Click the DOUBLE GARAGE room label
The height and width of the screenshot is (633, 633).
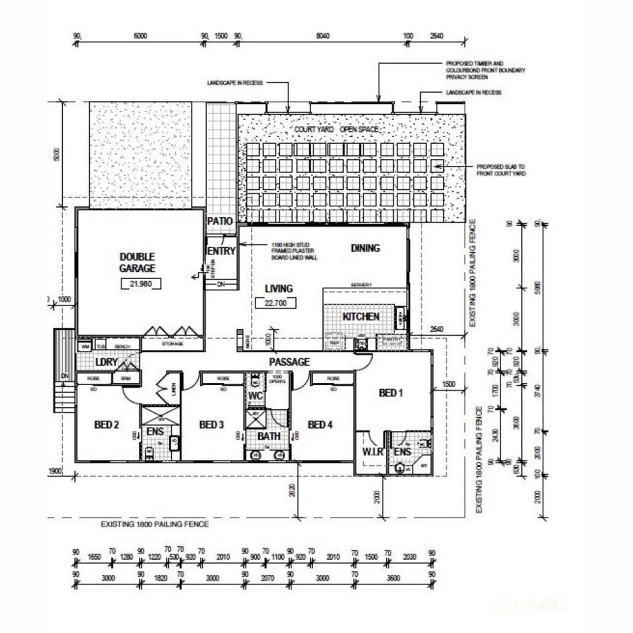(137, 263)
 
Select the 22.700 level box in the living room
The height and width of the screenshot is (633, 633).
(275, 303)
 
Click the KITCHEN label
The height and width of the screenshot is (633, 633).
(361, 316)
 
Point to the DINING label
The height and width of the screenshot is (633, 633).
(365, 248)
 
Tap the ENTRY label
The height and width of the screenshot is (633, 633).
(222, 251)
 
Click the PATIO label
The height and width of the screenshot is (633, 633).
(220, 222)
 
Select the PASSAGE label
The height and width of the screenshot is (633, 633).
(289, 362)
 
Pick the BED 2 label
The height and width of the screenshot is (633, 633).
(107, 424)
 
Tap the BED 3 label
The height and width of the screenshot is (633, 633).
(212, 424)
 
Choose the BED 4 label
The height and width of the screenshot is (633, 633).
(320, 424)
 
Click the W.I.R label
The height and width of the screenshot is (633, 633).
(373, 452)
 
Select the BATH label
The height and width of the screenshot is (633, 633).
(269, 436)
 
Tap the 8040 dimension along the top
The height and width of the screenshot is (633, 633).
(323, 36)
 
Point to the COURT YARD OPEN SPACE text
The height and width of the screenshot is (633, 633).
(336, 129)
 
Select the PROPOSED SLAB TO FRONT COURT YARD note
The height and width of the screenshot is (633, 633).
(501, 170)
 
